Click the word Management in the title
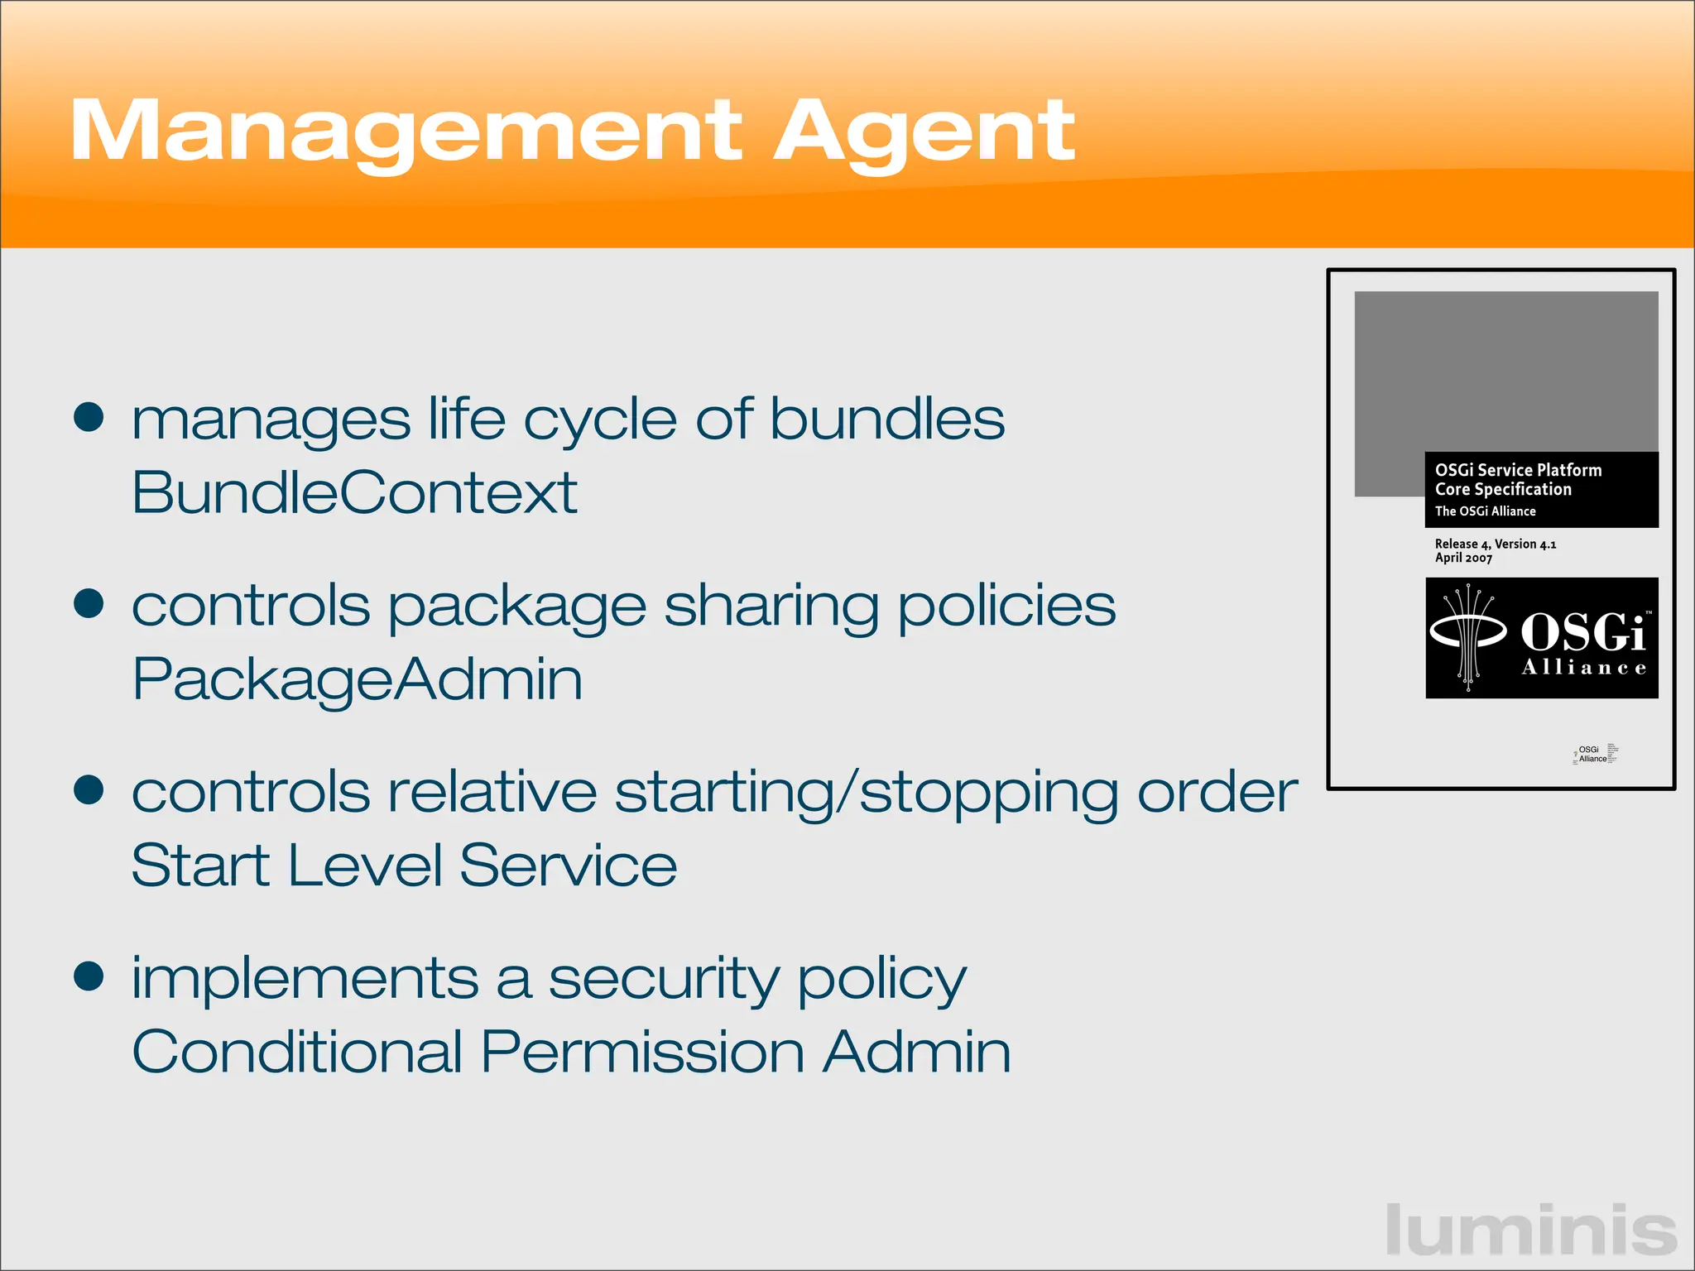[x=406, y=132]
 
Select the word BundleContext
[x=354, y=492]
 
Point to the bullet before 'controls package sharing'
[x=89, y=603]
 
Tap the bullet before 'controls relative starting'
[x=89, y=789]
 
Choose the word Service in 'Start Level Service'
[x=568, y=866]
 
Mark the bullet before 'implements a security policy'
[x=89, y=976]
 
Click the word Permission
[x=642, y=1052]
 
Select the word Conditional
[x=296, y=1052]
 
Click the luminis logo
[x=1531, y=1230]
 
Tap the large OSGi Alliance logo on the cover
[x=1541, y=638]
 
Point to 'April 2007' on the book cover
[x=1463, y=559]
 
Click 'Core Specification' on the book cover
[x=1503, y=489]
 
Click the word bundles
[x=887, y=419]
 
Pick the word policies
[x=1006, y=606]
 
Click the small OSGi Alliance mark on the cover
[x=1594, y=754]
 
